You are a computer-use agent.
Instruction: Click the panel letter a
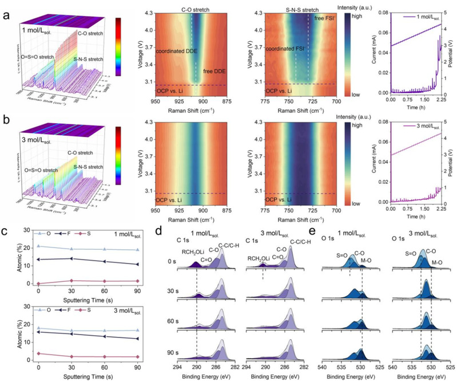point(4,7)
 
